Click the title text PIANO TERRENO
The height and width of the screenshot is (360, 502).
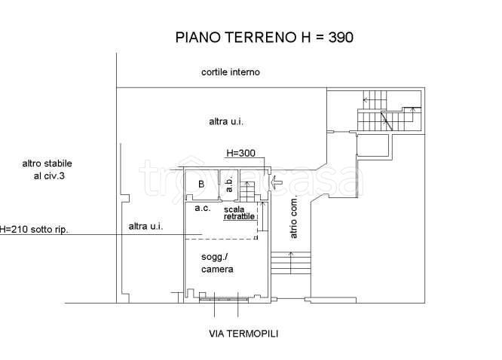tap(229, 36)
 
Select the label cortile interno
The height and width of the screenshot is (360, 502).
tap(230, 72)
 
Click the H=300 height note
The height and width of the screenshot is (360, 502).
tap(241, 154)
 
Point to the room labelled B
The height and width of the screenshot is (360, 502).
tap(201, 185)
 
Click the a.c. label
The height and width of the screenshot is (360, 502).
tap(202, 208)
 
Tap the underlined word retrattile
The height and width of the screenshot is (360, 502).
tap(240, 217)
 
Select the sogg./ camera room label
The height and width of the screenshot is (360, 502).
tap(217, 263)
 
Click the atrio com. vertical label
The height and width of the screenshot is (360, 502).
tap(295, 218)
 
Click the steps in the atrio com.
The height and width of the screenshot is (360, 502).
tap(290, 264)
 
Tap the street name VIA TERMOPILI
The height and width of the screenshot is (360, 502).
tap(243, 333)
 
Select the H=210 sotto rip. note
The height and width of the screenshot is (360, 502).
tap(34, 229)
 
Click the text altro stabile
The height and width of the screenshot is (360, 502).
tap(47, 163)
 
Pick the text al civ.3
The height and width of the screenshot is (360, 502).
tap(48, 176)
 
